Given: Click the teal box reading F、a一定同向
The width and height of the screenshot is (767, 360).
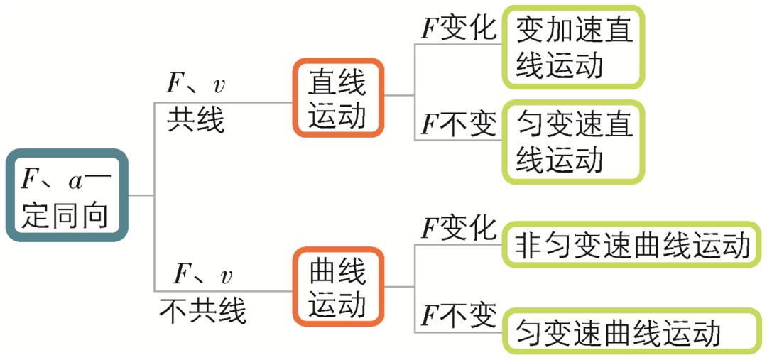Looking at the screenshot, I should coord(67,195).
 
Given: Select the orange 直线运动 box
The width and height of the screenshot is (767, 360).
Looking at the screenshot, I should coord(338,98).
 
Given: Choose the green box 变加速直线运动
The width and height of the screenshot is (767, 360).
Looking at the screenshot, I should coord(574,48).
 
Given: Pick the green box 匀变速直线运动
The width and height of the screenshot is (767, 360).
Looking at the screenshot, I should coord(574,142).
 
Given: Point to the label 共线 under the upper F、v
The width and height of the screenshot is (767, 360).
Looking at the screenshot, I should coord(195,121).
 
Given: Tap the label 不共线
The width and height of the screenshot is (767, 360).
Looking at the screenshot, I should coord(202,310).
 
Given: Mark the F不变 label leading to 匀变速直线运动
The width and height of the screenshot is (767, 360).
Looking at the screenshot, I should coord(457,125).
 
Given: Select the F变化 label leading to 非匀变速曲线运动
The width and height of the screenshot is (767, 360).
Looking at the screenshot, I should coord(457,229).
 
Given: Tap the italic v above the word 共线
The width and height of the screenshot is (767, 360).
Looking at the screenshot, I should coord(219,85).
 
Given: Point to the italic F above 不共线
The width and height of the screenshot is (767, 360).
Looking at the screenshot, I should coord(184,273).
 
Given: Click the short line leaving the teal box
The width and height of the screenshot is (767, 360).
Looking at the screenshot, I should coord(141,195).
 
